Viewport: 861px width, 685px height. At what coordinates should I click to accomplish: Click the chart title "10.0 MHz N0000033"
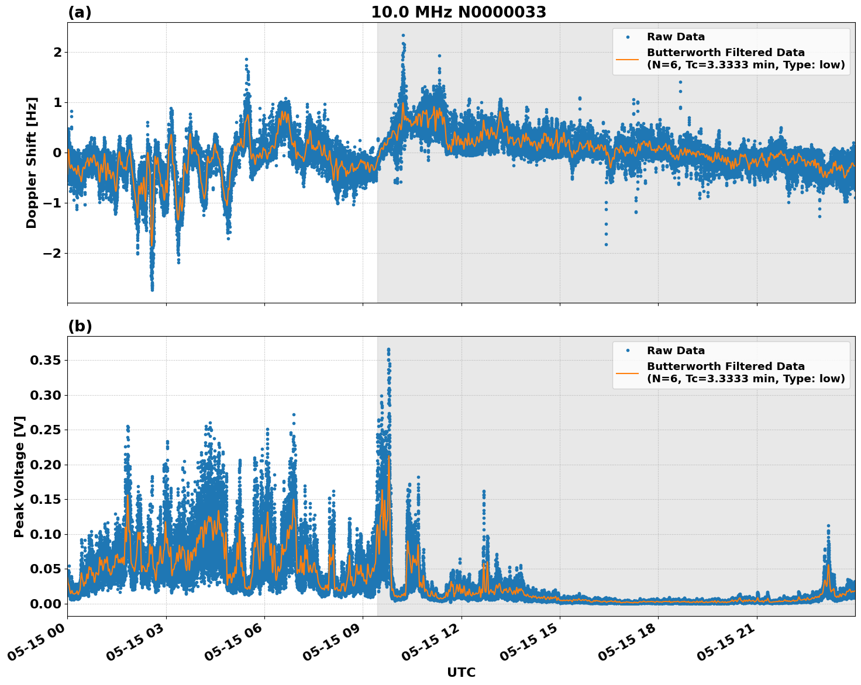tap(458, 12)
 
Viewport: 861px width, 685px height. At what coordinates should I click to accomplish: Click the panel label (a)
tap(80, 12)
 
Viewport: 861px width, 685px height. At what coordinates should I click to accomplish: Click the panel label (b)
tap(80, 326)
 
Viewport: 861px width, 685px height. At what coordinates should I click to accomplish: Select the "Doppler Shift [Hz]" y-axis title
tap(32, 162)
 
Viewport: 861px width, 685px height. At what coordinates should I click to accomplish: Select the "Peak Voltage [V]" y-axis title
tap(19, 476)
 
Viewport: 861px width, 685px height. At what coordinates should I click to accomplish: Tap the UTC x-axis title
tap(461, 672)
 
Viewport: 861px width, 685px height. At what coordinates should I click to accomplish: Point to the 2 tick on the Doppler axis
tap(57, 53)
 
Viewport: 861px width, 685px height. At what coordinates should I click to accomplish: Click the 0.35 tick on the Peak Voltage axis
tap(45, 361)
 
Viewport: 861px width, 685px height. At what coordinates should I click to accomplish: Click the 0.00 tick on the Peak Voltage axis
tap(45, 604)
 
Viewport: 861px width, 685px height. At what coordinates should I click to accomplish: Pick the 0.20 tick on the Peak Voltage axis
tap(45, 465)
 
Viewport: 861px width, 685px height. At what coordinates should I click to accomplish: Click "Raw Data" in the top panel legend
tap(676, 37)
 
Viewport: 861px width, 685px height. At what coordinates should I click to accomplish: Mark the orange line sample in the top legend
tap(627, 59)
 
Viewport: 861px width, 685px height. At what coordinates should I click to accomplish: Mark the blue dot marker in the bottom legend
tap(627, 351)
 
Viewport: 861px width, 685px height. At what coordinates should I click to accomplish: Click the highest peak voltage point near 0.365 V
tap(388, 350)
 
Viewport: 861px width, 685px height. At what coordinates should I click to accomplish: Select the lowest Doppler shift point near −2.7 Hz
tap(152, 289)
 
